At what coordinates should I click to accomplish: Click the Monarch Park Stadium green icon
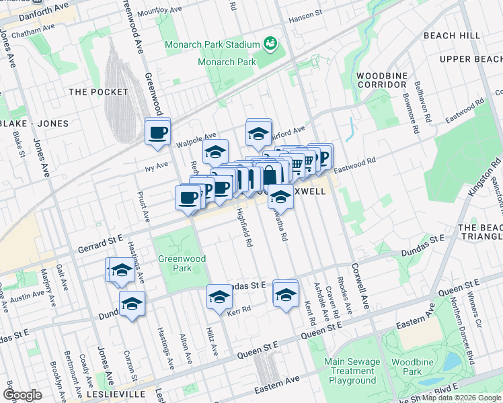[270, 44]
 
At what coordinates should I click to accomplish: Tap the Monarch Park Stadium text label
[212, 44]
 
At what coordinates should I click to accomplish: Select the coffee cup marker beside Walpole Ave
[158, 132]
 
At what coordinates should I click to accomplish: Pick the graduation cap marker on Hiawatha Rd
[280, 196]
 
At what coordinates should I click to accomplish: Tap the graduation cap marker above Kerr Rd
[219, 296]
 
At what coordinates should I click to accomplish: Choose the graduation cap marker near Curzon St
[132, 304]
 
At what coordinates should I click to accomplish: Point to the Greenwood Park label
[175, 263]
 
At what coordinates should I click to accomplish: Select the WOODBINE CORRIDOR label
[382, 80]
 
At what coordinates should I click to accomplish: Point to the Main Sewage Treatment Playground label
[350, 371]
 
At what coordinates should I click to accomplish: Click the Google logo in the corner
[23, 395]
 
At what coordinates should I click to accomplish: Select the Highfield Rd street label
[243, 226]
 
